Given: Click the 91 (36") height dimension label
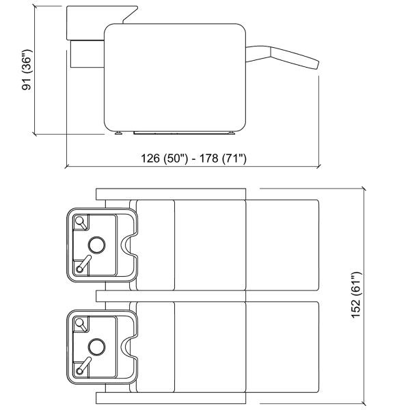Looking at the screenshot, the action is [27, 70].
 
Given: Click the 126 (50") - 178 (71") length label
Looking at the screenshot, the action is [193, 159].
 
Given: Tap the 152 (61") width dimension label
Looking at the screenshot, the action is [356, 295].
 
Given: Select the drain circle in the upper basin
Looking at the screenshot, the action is [97, 245].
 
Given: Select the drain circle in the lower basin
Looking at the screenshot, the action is [97, 346].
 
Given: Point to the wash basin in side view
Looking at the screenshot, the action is [102, 23].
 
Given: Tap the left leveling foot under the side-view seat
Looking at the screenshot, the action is [118, 133].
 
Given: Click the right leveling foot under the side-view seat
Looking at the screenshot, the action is [232, 133].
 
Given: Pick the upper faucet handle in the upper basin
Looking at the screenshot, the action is [81, 223].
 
